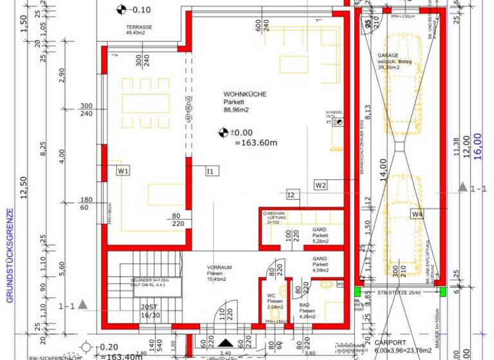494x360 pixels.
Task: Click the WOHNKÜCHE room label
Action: click(x=244, y=94)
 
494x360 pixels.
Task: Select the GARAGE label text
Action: click(x=389, y=56)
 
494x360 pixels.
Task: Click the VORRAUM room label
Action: click(x=219, y=267)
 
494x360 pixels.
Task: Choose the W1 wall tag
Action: click(x=123, y=170)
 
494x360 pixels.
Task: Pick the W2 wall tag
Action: click(x=321, y=185)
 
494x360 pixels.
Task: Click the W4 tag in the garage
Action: click(x=418, y=213)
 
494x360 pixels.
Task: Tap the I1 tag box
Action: click(x=210, y=171)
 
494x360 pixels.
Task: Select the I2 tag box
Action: click(x=291, y=194)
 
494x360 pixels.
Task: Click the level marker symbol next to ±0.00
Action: click(x=223, y=132)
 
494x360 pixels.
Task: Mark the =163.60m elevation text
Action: click(x=256, y=143)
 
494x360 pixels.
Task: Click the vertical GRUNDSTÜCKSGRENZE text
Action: click(x=10, y=254)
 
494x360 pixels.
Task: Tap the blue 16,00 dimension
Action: click(x=477, y=143)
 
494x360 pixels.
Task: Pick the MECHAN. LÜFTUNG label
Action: click(x=277, y=216)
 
